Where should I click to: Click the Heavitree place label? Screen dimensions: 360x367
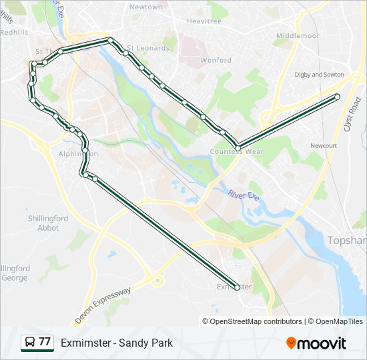pos(204,21)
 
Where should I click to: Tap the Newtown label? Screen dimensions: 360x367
pos(145,7)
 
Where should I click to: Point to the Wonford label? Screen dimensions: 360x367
pos(216,60)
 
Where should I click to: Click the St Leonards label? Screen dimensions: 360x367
pos(148,48)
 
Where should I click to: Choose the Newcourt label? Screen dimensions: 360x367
pos(324,145)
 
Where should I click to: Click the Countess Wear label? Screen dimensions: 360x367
pos(237,152)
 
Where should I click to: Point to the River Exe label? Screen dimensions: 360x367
pos(243,195)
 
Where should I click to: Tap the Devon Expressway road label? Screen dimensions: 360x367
pos(103,306)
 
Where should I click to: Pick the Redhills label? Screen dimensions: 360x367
pos(14,31)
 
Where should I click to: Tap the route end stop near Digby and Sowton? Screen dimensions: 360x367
pos(337,97)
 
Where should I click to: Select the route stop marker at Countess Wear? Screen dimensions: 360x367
pos(238,147)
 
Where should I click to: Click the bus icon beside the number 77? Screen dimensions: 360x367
pos(29,343)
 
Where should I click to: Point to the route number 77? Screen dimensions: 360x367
pos(45,342)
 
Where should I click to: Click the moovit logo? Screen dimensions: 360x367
pos(316,343)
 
